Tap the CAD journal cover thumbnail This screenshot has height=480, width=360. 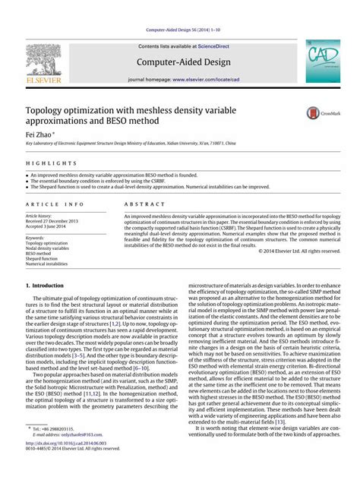click(x=324, y=62)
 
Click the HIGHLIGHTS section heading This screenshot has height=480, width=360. click(x=44, y=164)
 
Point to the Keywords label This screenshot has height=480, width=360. click(x=35, y=238)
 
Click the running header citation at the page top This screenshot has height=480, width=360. click(x=180, y=30)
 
